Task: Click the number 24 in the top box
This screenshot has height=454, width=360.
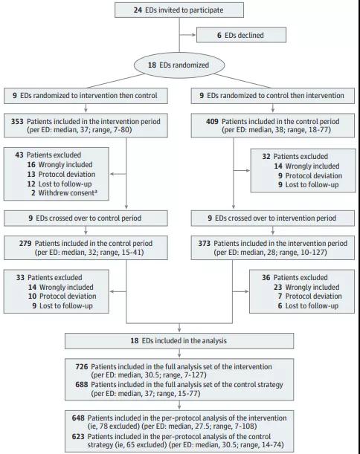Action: pyautogui.click(x=138, y=10)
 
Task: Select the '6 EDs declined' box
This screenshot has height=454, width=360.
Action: pyautogui.click(x=241, y=35)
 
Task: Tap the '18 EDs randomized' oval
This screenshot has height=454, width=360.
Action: pyautogui.click(x=179, y=65)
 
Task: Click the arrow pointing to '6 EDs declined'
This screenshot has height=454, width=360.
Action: pyautogui.click(x=187, y=35)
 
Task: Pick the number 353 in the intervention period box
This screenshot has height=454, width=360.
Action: pyautogui.click(x=17, y=121)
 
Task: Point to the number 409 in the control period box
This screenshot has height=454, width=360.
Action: pyautogui.click(x=212, y=121)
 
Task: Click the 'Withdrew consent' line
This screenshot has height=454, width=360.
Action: pyautogui.click(x=64, y=193)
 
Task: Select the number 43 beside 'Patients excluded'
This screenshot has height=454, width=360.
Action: pyautogui.click(x=19, y=155)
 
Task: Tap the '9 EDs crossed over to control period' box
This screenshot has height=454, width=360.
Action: pyautogui.click(x=86, y=218)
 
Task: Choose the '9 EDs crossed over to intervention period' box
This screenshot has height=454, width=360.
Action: pyautogui.click(x=272, y=218)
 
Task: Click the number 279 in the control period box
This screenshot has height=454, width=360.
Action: pyautogui.click(x=25, y=243)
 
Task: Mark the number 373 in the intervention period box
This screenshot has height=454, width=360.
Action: pyautogui.click(x=205, y=243)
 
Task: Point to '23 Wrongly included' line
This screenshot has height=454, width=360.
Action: pyautogui.click(x=306, y=287)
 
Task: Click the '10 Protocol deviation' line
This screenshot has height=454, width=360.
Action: pyautogui.click(x=62, y=296)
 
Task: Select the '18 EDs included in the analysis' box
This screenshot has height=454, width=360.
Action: pyautogui.click(x=179, y=341)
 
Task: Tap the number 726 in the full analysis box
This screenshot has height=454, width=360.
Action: pyautogui.click(x=82, y=366)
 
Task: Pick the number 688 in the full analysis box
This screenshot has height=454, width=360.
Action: pyautogui.click(x=82, y=384)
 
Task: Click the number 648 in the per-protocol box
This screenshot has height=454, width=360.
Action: pyautogui.click(x=78, y=418)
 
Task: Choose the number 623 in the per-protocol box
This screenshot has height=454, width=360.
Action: pyautogui.click(x=78, y=436)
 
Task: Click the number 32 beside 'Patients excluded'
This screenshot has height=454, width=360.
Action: pyautogui.click(x=266, y=156)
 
